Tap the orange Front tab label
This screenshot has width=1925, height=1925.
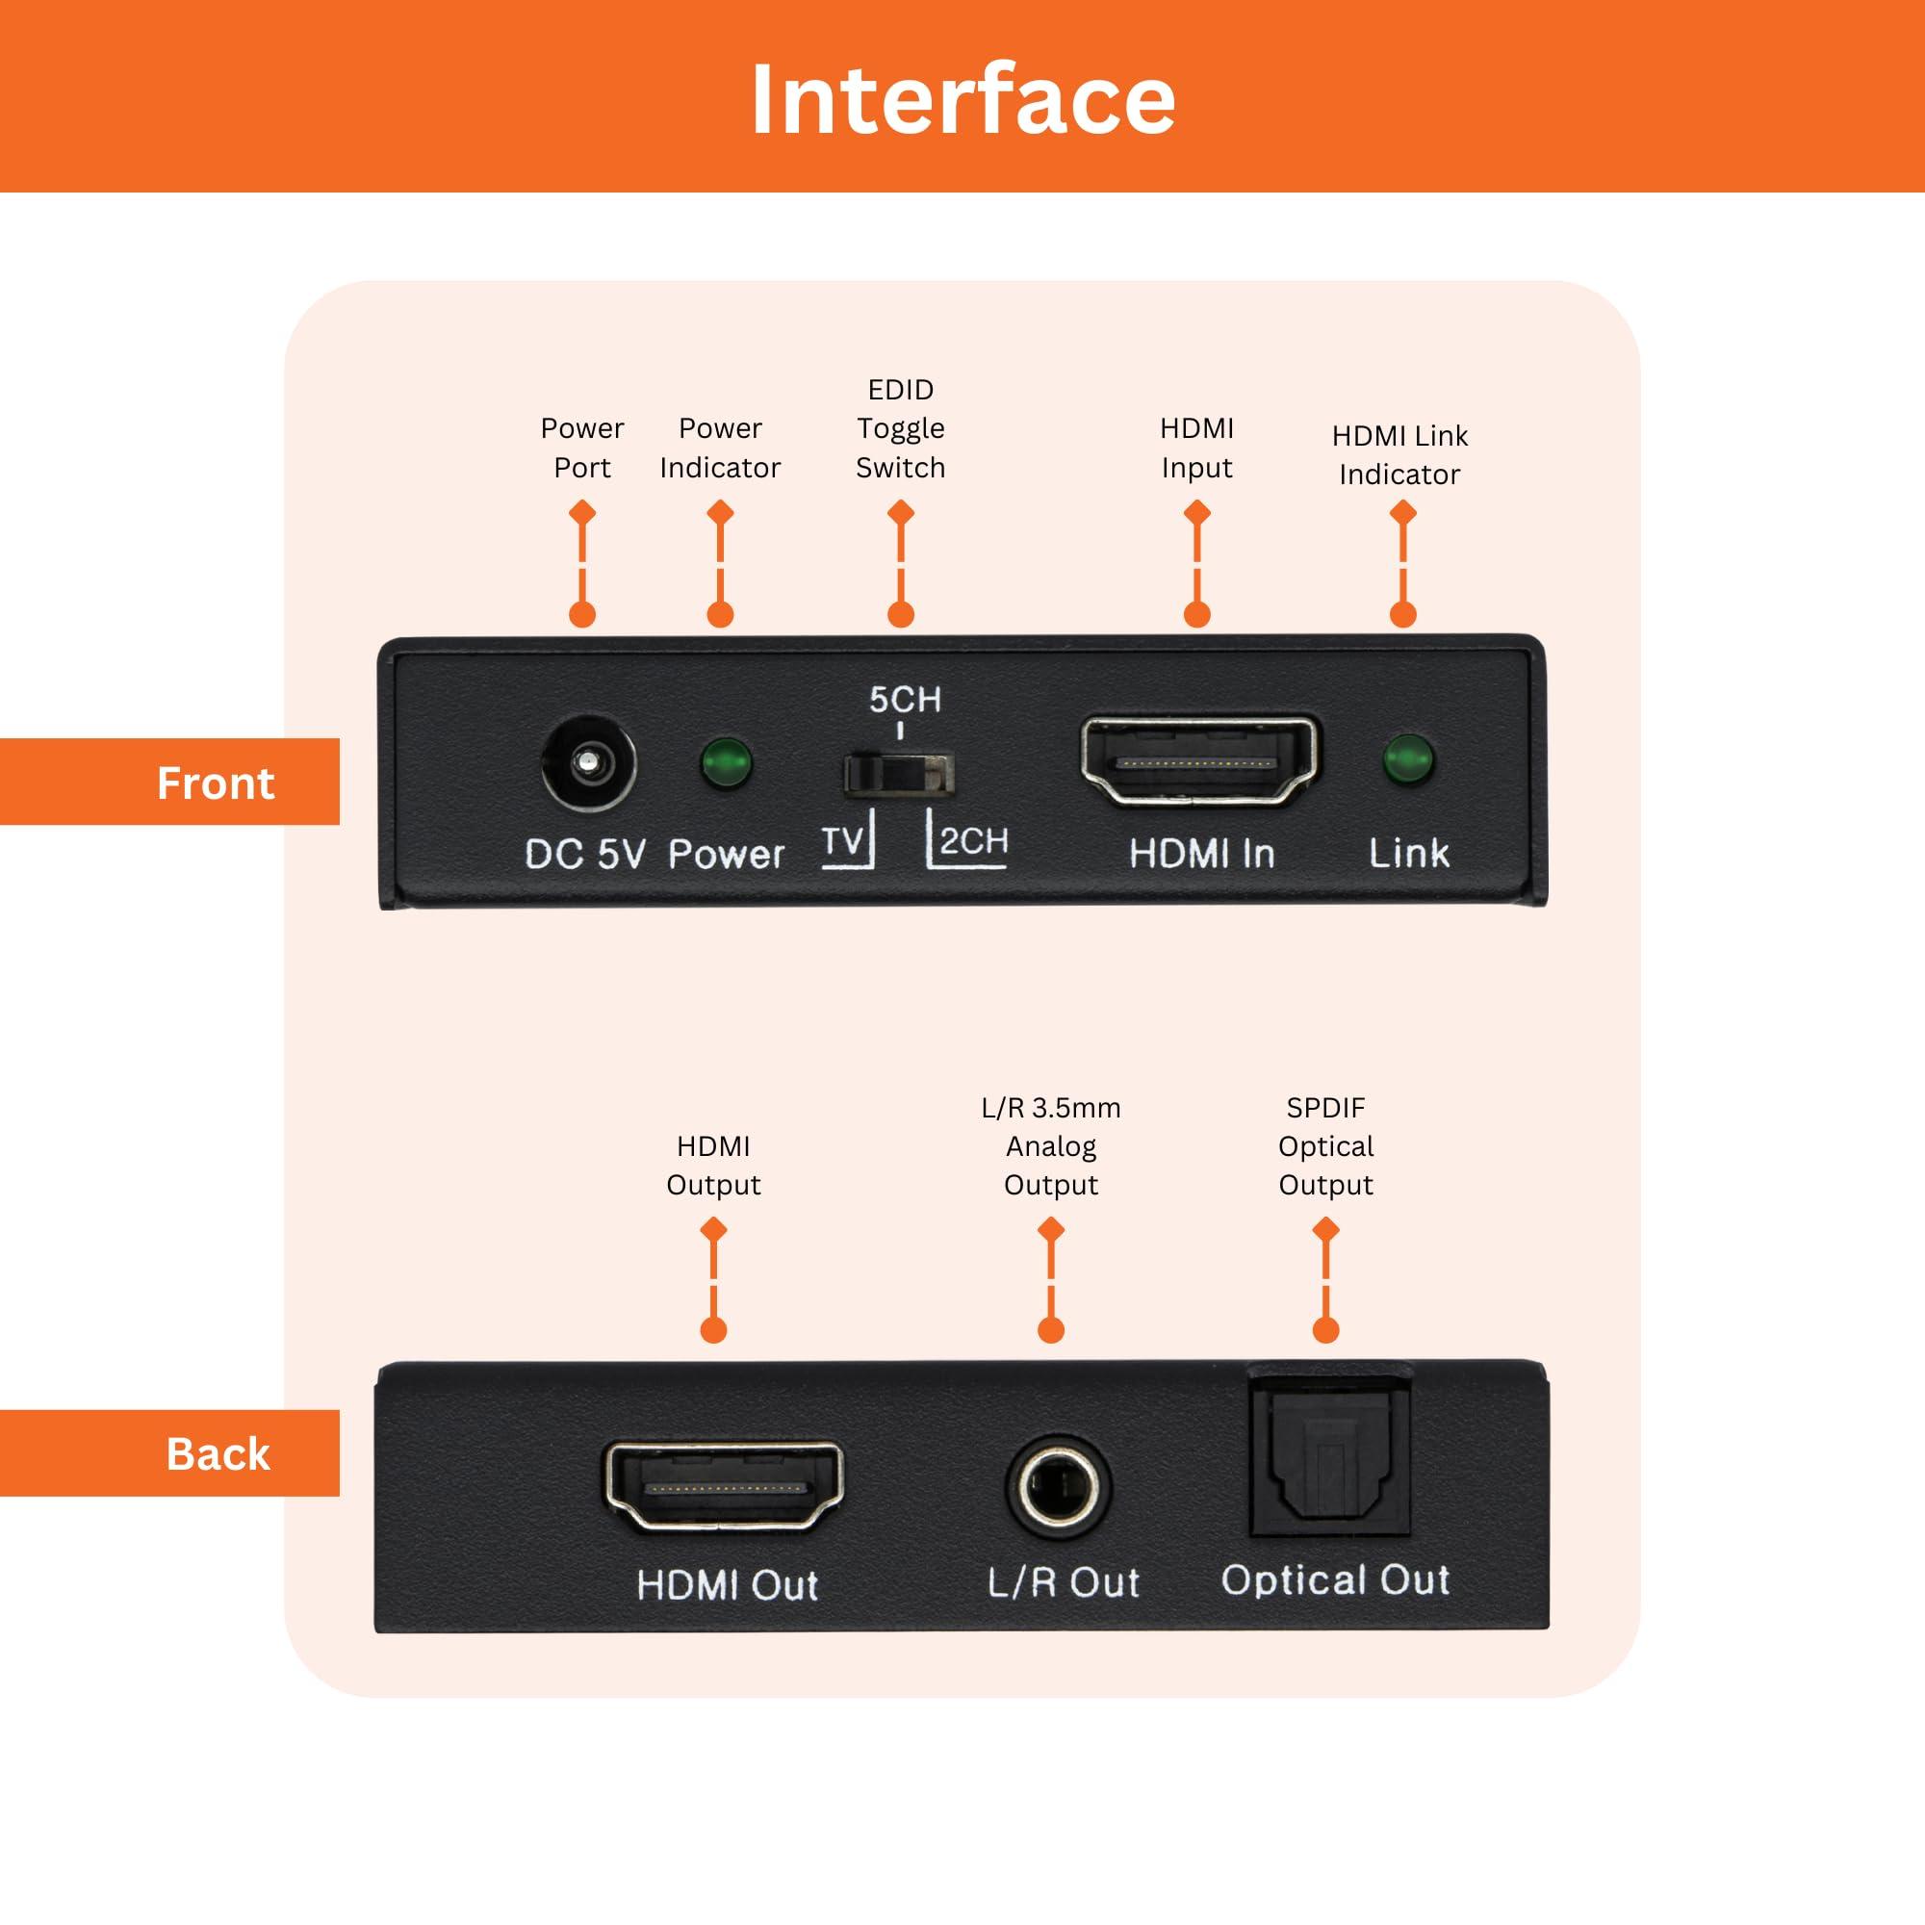click(x=215, y=783)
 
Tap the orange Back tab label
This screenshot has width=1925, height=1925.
click(x=218, y=1453)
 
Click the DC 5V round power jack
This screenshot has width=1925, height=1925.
click(x=588, y=764)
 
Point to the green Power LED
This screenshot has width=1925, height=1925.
click(x=727, y=763)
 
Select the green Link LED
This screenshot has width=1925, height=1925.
click(x=1408, y=760)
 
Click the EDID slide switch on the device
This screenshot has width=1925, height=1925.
click(x=899, y=774)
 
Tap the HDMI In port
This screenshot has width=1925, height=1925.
click(x=1199, y=761)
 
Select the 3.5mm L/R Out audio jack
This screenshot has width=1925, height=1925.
click(x=1057, y=1488)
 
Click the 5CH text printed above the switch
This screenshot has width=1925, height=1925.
click(x=904, y=700)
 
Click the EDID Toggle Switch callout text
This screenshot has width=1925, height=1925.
click(x=900, y=428)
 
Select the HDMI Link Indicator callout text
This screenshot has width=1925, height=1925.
click(x=1399, y=454)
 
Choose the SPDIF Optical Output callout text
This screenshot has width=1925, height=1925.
click(x=1325, y=1145)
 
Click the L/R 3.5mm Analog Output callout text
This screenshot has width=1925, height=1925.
click(x=1050, y=1145)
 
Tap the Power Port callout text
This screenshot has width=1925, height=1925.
click(x=582, y=448)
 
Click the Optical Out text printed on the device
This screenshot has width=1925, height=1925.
click(x=1335, y=1579)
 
